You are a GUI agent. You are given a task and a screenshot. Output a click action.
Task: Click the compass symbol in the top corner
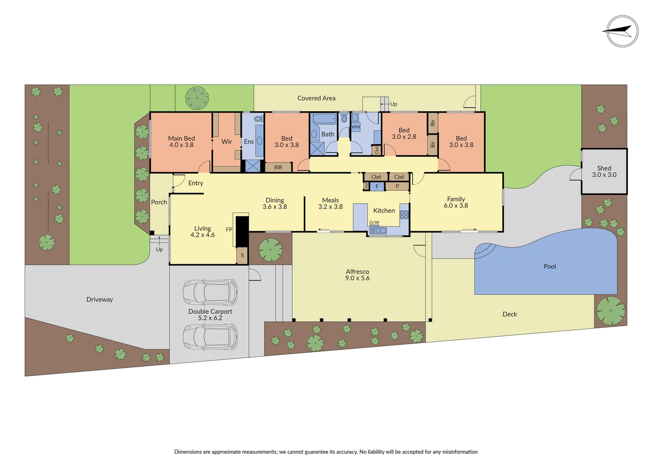coord(622,31)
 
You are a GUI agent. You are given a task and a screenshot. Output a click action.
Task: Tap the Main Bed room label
coord(181,138)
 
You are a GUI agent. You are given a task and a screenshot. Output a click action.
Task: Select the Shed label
coord(604,168)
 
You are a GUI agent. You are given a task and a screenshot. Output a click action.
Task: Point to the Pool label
coord(550,266)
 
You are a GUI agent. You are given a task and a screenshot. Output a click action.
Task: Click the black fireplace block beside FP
coord(242,231)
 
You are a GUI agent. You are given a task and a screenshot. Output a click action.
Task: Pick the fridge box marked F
coord(377,187)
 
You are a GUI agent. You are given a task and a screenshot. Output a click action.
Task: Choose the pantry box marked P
coord(397,187)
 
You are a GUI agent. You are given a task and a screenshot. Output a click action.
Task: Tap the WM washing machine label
coord(356,127)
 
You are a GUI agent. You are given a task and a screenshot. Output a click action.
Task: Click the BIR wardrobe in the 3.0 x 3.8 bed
coord(278,167)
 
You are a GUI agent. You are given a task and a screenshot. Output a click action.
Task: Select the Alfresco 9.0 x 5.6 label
coord(358,275)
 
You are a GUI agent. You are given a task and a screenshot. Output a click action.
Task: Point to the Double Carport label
coord(210,312)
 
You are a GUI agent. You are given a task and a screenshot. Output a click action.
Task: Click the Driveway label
coord(100,300)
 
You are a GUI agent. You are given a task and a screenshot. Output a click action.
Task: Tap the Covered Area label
coord(316,98)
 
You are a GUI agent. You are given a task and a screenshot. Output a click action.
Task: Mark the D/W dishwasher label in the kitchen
coord(374,222)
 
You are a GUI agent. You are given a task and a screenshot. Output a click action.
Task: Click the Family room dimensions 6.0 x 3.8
coord(456,206)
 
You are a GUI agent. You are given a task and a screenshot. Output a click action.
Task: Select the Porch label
coord(159,202)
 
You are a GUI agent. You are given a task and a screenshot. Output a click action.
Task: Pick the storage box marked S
coord(242,256)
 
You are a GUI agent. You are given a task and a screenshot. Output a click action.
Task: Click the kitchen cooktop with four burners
coord(404,214)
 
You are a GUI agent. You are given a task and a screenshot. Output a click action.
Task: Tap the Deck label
coord(509,314)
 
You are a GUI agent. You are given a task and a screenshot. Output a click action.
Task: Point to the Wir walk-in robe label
coord(227,142)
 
